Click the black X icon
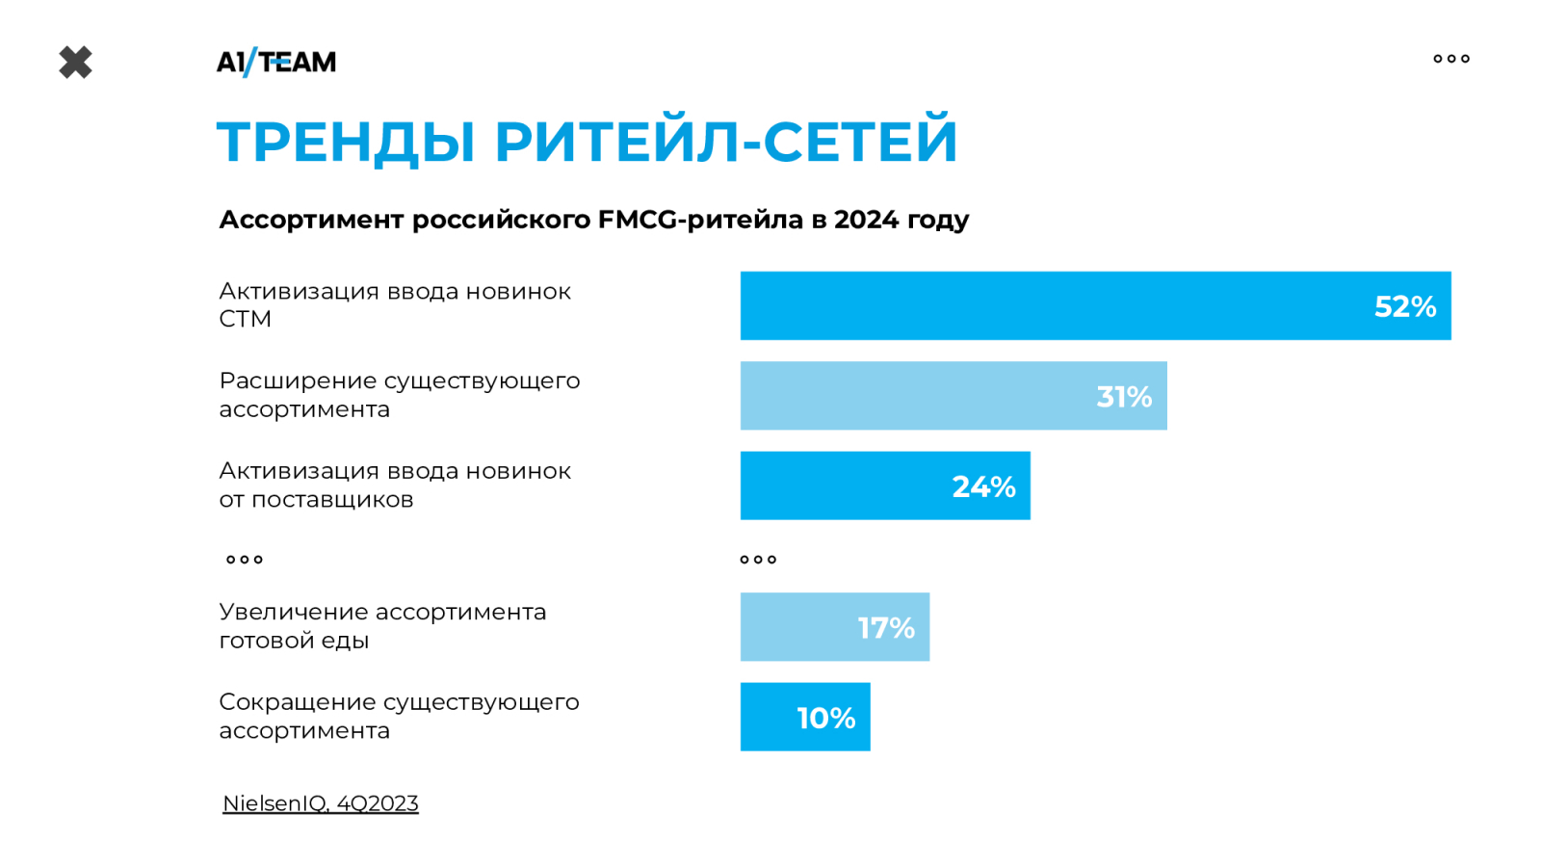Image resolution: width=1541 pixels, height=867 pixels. click(75, 63)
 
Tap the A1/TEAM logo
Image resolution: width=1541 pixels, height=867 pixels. click(276, 63)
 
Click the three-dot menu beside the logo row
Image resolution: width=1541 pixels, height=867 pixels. click(1450, 59)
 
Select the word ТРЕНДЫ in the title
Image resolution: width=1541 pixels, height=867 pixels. click(346, 142)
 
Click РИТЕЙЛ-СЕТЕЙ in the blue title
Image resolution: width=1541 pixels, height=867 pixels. click(726, 142)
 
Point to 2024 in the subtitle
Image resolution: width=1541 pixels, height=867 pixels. click(866, 220)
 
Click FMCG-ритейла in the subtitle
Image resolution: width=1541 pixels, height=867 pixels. click(700, 220)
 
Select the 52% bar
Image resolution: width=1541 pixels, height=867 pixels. click(1095, 306)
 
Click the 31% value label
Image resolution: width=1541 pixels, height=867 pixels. click(1124, 397)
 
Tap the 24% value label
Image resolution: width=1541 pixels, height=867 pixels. click(983, 486)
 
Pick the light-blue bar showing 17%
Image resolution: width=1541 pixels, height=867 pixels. click(834, 627)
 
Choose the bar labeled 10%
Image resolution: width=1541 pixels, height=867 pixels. click(805, 717)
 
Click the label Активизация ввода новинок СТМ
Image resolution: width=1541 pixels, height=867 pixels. click(395, 304)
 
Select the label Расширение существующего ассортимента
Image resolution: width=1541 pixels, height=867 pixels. click(399, 395)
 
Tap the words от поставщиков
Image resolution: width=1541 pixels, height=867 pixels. click(316, 500)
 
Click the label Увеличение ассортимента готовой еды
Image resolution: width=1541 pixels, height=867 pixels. click(382, 626)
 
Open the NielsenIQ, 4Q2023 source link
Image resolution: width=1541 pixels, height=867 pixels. click(321, 803)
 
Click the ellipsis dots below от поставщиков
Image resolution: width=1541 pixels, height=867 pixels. click(245, 560)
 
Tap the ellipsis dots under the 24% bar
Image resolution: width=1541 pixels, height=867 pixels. click(758, 560)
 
